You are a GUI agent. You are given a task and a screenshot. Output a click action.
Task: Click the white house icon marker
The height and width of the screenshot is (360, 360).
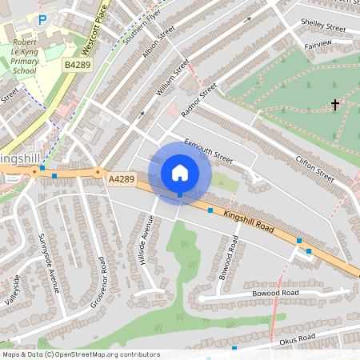pos(180,172)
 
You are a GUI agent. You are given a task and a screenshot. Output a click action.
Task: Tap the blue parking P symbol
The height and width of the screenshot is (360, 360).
pos(42,18)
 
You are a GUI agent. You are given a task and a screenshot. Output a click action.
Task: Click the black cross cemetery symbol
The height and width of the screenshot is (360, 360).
pos(335,105)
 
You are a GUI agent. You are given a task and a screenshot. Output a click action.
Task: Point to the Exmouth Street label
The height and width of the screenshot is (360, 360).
pos(208,151)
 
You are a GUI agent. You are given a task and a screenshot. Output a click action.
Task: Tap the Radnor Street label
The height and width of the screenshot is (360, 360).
pos(199,100)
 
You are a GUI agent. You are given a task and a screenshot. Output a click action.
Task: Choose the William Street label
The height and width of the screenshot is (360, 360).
pos(173,77)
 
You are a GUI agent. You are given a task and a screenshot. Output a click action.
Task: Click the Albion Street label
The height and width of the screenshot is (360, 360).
pos(158,42)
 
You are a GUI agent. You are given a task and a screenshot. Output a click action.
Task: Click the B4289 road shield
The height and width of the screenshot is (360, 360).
pos(78,63)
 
